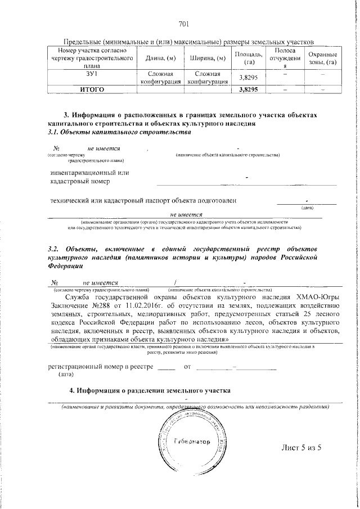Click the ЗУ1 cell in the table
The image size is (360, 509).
pos(92,74)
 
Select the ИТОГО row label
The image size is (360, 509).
pos(92,89)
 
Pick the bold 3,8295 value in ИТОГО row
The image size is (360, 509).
pos(248,89)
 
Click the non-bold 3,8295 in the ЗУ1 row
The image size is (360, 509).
pos(248,78)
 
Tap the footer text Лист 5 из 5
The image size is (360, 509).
pos(300,448)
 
